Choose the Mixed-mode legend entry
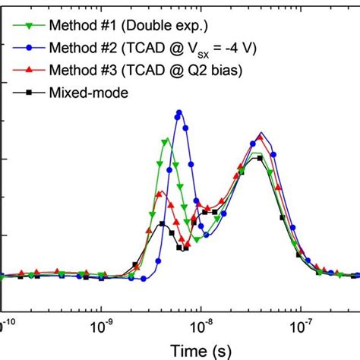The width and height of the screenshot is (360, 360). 90,93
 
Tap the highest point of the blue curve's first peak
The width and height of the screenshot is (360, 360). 179,112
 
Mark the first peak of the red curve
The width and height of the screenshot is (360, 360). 160,194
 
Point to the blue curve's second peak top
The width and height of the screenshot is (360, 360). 261,134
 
